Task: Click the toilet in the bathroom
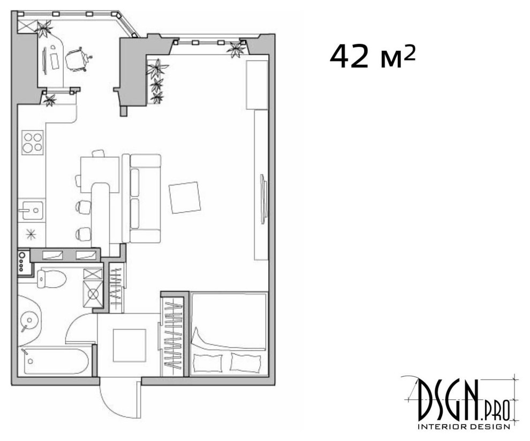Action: [x=51, y=278]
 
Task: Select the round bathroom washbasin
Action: [x=29, y=320]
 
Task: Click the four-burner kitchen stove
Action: [x=33, y=142]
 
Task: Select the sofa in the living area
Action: [x=142, y=199]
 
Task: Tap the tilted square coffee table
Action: [x=185, y=197]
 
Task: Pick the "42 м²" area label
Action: [x=372, y=57]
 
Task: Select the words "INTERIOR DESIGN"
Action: [x=464, y=427]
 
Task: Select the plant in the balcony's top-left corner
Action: [x=44, y=28]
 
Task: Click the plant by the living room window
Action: [x=236, y=49]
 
